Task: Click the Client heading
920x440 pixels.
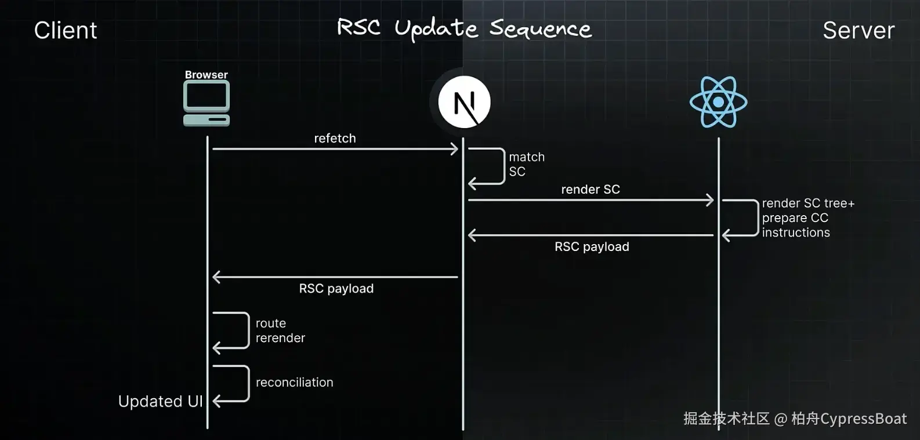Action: coord(66,31)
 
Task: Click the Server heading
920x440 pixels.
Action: coord(859,31)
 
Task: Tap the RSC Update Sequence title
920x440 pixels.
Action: coord(464,28)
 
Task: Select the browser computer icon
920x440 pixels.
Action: coord(207,103)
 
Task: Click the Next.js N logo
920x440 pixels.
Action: coord(464,103)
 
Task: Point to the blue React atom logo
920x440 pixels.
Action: coord(718,102)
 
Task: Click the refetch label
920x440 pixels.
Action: coord(335,139)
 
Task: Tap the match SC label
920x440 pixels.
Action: coord(526,164)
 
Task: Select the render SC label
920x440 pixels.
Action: coord(591,190)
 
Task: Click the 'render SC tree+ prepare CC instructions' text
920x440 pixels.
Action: coord(807,218)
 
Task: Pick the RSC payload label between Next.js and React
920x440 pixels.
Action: coord(592,247)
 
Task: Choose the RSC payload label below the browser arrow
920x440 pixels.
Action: coord(336,289)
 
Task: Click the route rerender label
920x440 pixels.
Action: coord(280,330)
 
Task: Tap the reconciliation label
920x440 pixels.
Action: coord(294,383)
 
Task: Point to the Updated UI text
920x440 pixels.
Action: coord(160,402)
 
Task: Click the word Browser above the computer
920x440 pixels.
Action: coord(206,75)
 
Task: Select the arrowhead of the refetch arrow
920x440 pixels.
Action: coord(454,149)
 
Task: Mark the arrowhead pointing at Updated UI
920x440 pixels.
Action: coord(217,401)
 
